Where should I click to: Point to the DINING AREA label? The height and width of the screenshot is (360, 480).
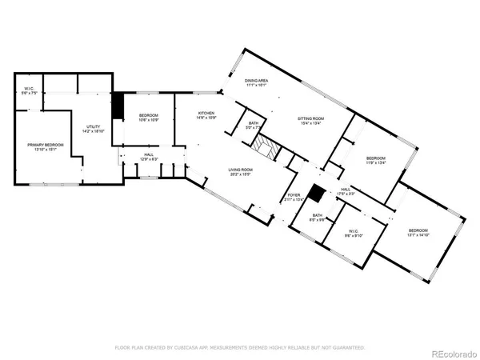point(257,82)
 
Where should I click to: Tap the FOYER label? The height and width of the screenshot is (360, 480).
point(294,196)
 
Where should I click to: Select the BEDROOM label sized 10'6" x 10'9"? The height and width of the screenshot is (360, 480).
point(148,118)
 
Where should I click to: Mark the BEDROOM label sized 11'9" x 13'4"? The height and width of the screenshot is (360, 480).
point(376,159)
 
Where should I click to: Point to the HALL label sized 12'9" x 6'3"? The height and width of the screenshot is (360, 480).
point(149,156)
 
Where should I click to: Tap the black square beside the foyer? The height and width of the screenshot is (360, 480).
point(318,193)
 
